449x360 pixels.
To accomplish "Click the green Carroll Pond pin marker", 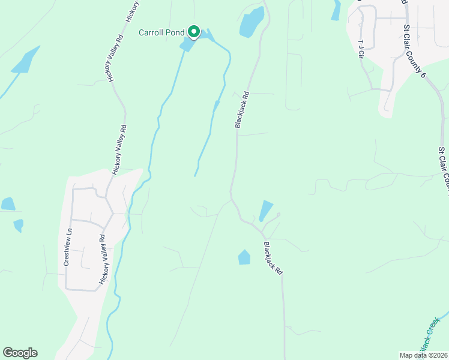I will coord(193,31).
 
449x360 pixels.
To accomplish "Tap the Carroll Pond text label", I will coord(161,32).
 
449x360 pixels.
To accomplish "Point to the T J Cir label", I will coord(361,49).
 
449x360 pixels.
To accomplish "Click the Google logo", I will coord(20,353).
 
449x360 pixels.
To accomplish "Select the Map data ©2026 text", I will coord(423,355).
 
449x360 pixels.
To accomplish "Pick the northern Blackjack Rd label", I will coord(241,109).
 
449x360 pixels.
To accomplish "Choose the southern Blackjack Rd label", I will coord(273,258).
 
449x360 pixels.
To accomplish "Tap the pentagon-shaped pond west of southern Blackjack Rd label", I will coord(244,257).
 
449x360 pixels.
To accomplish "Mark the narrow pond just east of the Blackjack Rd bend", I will coord(265,211).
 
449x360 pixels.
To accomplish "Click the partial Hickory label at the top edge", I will coord(132,11).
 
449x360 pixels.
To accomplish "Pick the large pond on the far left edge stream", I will coord(26,60).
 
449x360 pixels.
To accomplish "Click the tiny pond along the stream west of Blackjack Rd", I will coord(216,106).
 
